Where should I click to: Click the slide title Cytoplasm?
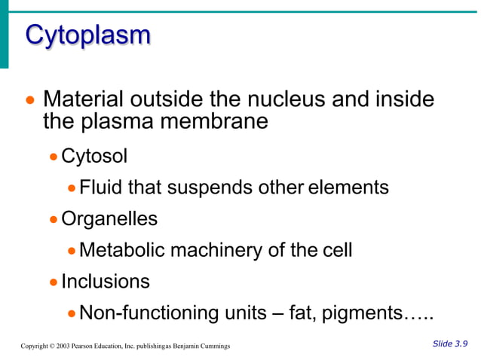click(x=88, y=35)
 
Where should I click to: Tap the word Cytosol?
click(x=94, y=156)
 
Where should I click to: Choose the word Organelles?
click(x=109, y=218)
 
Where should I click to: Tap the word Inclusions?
click(x=106, y=281)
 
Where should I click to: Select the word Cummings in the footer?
click(x=213, y=346)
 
